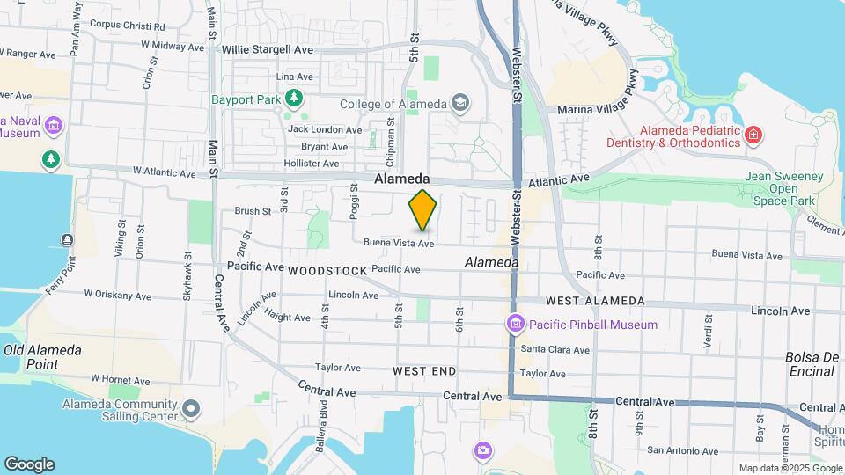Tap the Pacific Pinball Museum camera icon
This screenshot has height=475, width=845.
[515, 325]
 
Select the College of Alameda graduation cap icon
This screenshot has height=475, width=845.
[459, 104]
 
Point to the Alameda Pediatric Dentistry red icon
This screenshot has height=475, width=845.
[753, 135]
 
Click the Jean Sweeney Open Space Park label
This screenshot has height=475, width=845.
[788, 188]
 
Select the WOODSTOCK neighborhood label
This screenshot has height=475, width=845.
[325, 271]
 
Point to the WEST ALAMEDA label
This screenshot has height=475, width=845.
[595, 301]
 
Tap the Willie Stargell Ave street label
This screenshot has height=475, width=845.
[268, 50]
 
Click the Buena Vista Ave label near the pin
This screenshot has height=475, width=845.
[399, 243]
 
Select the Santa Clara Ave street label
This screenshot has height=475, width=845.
[555, 349]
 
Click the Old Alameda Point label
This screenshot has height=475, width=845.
[42, 357]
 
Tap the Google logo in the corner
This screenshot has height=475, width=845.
[29, 464]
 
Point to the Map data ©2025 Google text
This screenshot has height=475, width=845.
[790, 468]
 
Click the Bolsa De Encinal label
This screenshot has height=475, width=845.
[810, 364]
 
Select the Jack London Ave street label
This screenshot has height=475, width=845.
[324, 129]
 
